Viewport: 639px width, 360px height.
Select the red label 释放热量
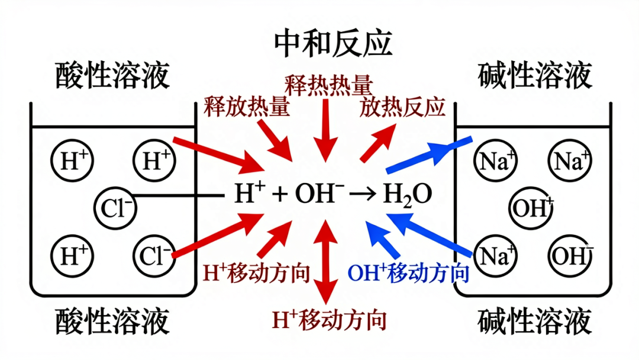pyautogui.click(x=247, y=107)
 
